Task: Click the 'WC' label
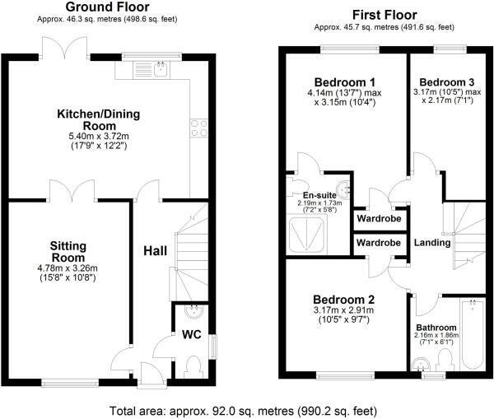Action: (192, 335)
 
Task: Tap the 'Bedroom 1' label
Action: (344, 82)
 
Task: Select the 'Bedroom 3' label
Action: (446, 82)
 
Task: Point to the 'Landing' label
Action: (431, 242)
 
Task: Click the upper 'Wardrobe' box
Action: (378, 221)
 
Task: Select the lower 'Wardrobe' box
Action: (378, 243)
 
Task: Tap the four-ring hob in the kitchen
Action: (198, 127)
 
